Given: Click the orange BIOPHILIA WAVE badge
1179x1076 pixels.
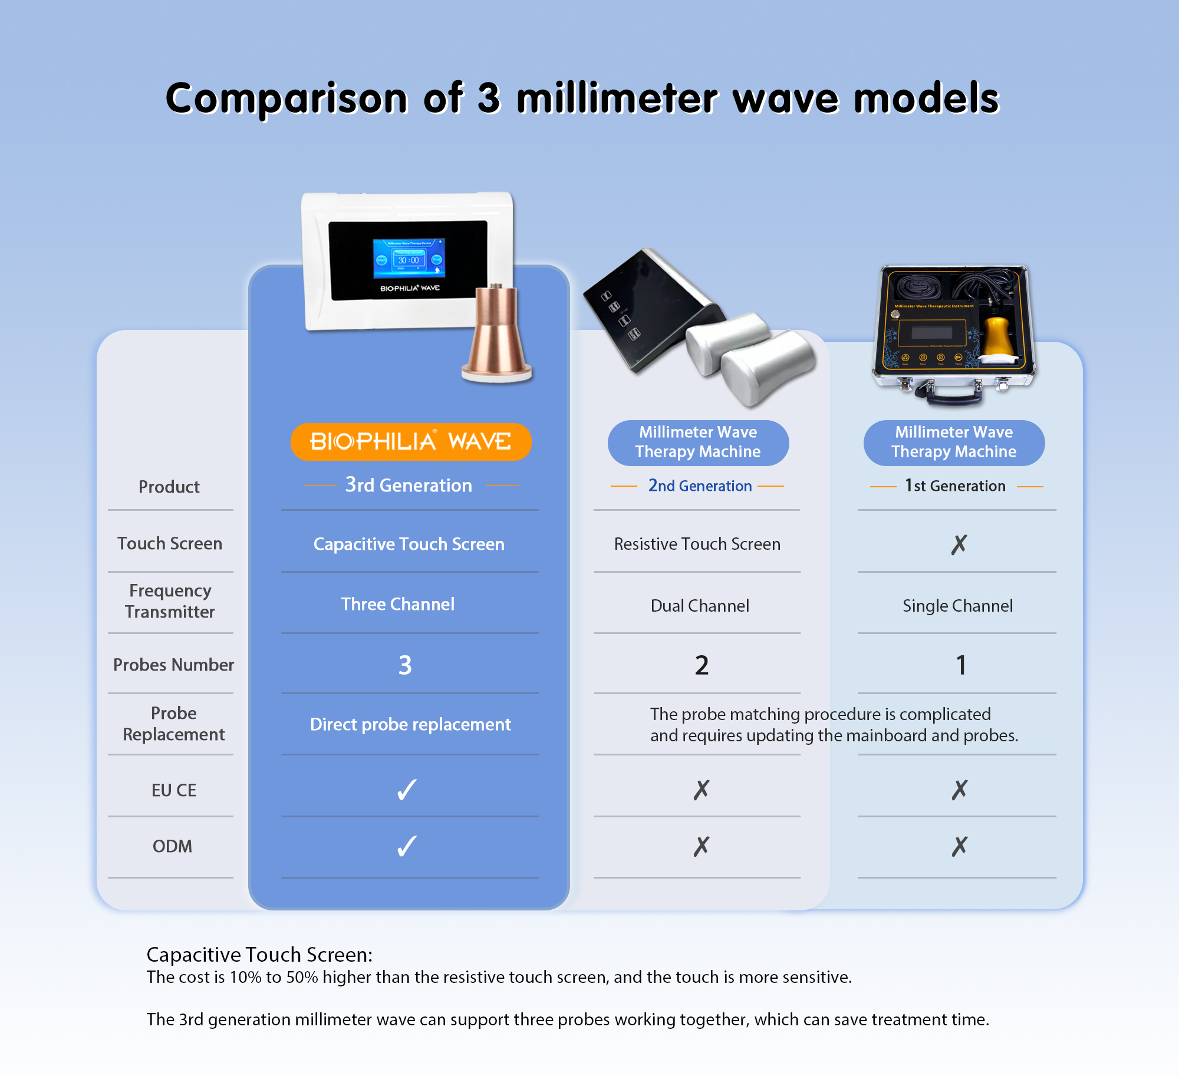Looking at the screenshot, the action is [x=411, y=441].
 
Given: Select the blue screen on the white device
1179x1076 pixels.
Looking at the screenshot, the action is [x=409, y=258].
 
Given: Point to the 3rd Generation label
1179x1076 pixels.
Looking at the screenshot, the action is [x=409, y=485].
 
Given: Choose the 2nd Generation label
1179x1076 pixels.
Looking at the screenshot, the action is [x=700, y=486].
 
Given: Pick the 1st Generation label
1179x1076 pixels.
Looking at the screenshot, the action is [x=955, y=486].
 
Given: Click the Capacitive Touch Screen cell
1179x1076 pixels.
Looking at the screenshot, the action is [x=409, y=544].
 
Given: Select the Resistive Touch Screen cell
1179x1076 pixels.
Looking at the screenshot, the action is [x=697, y=544].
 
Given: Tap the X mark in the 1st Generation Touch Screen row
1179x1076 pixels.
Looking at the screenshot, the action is [x=959, y=544].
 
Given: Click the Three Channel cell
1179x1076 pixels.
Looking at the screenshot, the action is [x=398, y=604].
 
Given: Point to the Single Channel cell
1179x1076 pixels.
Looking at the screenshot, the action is [x=958, y=606].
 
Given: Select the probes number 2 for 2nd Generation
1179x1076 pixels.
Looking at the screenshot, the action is [x=702, y=665].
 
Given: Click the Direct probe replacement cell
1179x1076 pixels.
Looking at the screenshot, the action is [x=410, y=724].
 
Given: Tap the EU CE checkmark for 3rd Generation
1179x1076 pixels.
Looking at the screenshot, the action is [x=407, y=790].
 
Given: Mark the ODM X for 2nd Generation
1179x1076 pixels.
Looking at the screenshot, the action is [x=702, y=846].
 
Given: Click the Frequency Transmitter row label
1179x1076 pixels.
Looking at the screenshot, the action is [x=170, y=601].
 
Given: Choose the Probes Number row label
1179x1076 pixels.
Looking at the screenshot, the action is [x=173, y=665].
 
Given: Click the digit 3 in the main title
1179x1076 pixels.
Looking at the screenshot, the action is [x=489, y=98].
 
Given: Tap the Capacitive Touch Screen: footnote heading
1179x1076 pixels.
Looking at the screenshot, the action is [x=259, y=955].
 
